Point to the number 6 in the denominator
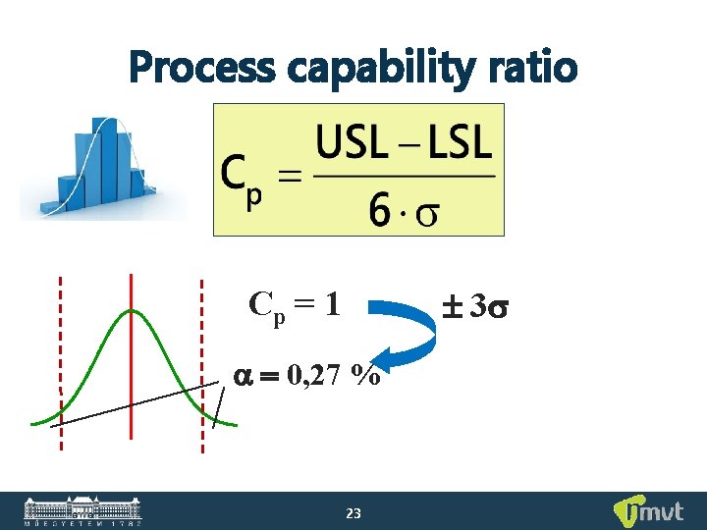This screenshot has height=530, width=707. pos(382,210)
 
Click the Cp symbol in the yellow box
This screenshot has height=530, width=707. pos(242,181)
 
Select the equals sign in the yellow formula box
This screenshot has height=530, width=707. pos(290,178)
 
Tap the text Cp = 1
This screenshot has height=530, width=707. pos(295,305)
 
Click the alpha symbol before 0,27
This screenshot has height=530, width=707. pos(243,376)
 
